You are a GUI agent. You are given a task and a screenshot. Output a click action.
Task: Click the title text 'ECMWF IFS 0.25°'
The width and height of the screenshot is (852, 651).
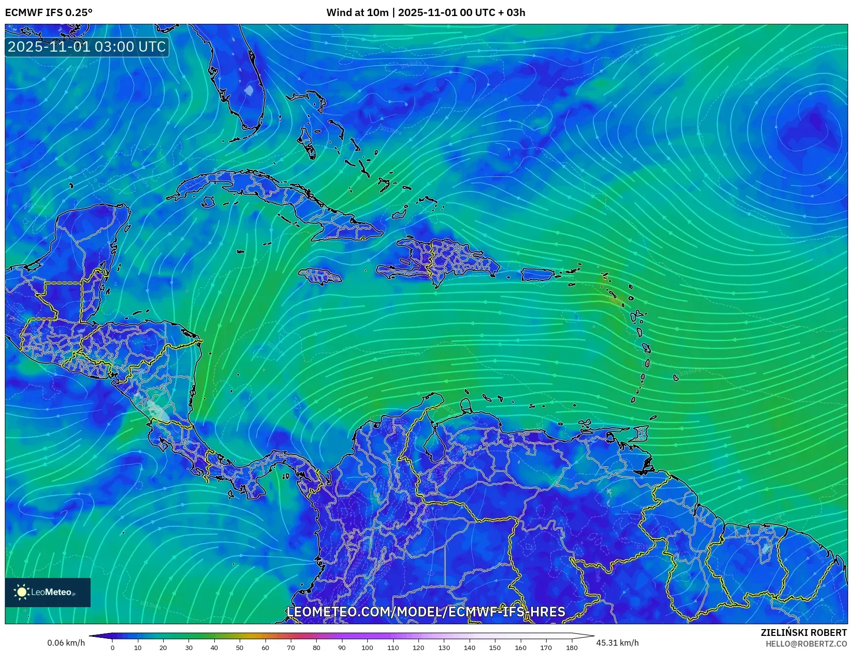coord(48,13)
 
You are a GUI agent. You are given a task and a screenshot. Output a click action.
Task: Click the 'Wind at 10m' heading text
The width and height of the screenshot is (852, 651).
coord(357,13)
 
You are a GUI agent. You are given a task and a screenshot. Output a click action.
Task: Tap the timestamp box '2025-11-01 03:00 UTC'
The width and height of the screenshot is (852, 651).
coord(87,47)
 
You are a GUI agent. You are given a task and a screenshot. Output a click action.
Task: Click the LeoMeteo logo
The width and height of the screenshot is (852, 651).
coord(47,592)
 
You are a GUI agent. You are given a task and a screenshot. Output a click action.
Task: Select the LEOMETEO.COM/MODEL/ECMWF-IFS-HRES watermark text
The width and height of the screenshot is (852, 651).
coord(426,612)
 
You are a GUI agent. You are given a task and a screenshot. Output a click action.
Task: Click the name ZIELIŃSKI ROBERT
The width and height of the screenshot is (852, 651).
coord(803,632)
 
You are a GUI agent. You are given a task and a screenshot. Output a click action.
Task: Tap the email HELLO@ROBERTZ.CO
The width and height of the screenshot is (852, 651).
coord(806,644)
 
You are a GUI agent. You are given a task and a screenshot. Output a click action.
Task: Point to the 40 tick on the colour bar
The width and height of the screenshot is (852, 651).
coord(214,647)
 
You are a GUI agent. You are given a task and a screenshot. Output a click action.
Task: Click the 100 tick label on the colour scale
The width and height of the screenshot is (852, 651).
coord(367,648)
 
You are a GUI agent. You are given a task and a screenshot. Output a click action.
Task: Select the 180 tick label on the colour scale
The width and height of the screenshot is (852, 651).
coord(571,648)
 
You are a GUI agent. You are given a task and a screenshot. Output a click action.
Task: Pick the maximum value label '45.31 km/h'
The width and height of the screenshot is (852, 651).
coord(617,643)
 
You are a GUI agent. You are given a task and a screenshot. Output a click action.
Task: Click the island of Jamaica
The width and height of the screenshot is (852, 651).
coord(320,276)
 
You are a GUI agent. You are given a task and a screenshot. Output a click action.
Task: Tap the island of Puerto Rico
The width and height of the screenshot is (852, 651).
coord(538,275)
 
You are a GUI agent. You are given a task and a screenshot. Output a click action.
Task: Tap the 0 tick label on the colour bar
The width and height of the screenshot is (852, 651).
coord(113,648)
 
